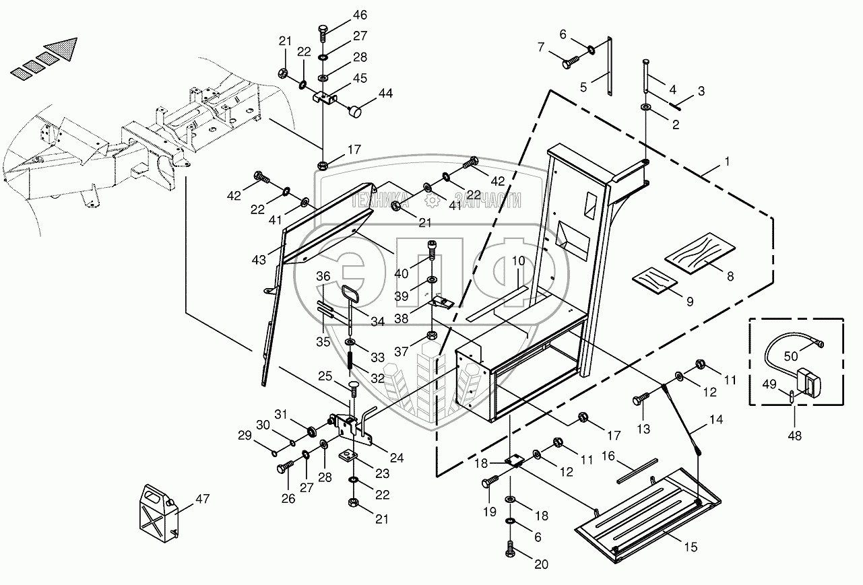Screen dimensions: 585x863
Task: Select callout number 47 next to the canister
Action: (202, 499)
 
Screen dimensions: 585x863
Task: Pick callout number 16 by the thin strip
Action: (608, 456)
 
